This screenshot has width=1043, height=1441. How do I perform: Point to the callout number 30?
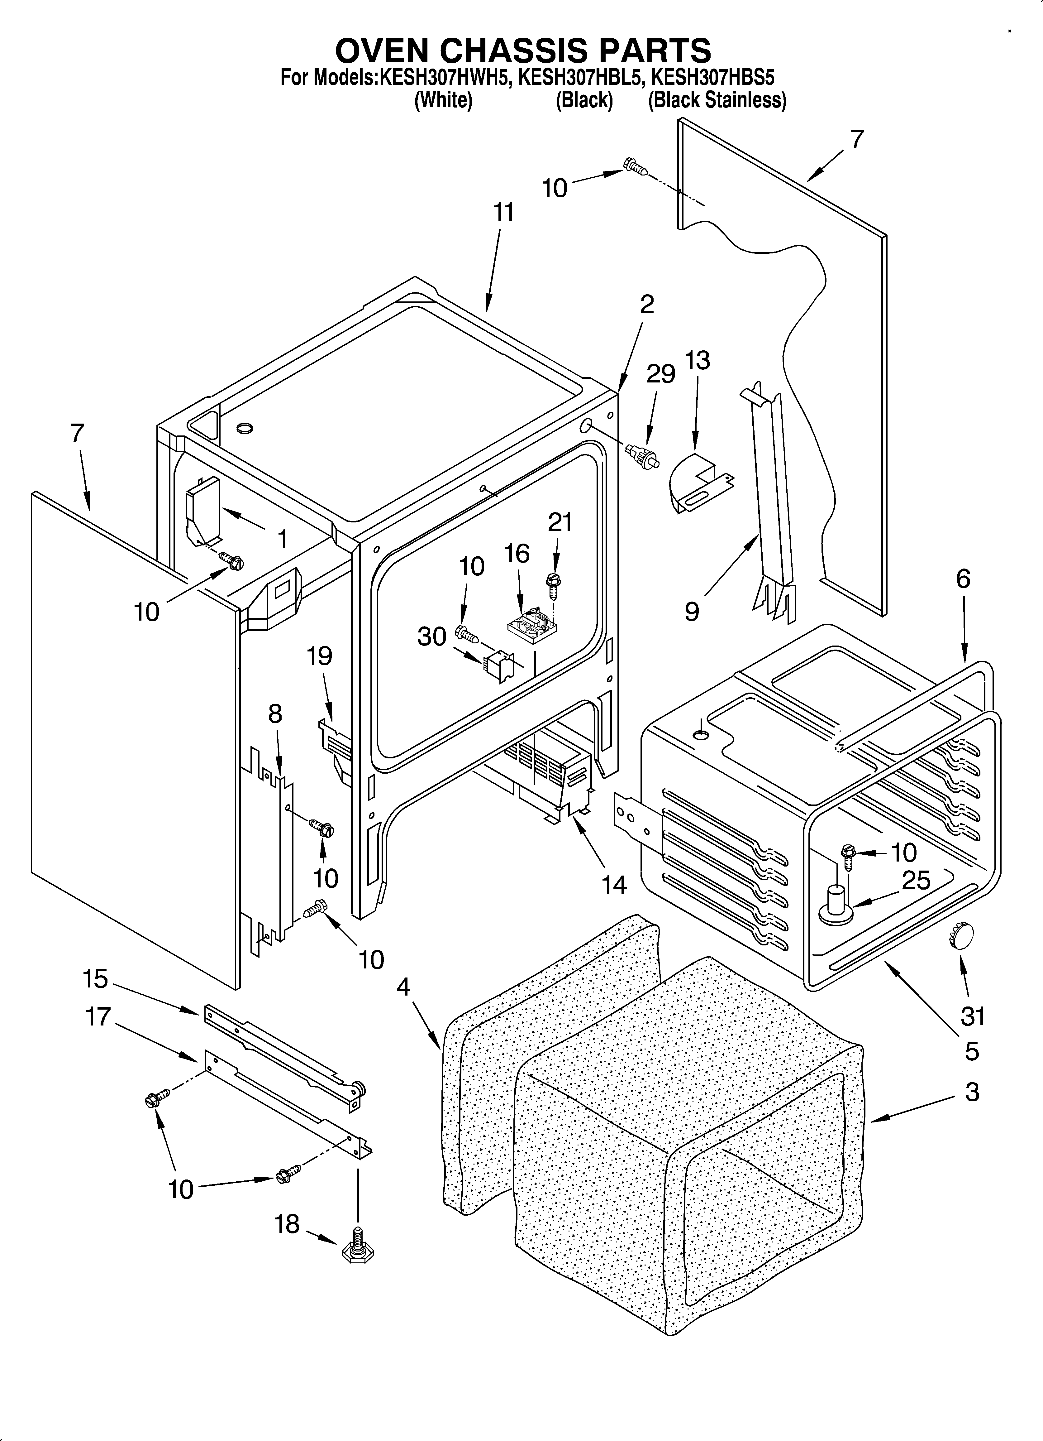click(432, 636)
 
